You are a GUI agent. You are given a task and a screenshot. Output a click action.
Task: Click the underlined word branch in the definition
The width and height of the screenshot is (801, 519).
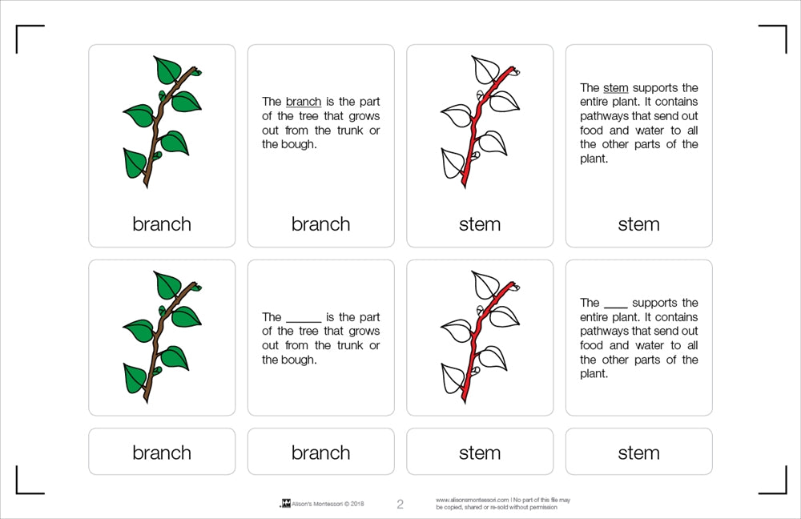pyautogui.click(x=303, y=102)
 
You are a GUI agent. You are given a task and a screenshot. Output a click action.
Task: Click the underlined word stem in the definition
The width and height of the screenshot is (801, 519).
pyautogui.click(x=615, y=88)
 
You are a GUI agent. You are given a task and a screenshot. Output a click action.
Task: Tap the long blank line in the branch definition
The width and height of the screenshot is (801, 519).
pyautogui.click(x=303, y=320)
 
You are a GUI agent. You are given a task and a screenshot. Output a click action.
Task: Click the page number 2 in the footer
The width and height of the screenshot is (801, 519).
pyautogui.click(x=400, y=504)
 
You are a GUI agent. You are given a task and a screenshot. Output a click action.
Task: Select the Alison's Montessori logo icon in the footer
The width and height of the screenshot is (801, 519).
pyautogui.click(x=284, y=504)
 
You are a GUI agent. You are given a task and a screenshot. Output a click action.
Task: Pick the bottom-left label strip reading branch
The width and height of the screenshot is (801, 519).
pyautogui.click(x=162, y=453)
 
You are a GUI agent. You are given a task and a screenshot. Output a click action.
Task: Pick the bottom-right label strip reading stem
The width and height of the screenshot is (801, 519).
pyautogui.click(x=638, y=453)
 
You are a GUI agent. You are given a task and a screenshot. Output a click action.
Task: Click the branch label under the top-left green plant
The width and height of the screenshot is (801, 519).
pyautogui.click(x=162, y=224)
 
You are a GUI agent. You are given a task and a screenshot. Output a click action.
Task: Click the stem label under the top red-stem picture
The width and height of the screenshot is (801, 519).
pyautogui.click(x=480, y=224)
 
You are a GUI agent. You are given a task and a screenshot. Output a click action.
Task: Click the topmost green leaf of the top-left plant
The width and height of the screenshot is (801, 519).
pyautogui.click(x=167, y=70)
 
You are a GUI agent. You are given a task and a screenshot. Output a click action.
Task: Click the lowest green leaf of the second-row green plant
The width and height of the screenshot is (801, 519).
pyautogui.click(x=135, y=377)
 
